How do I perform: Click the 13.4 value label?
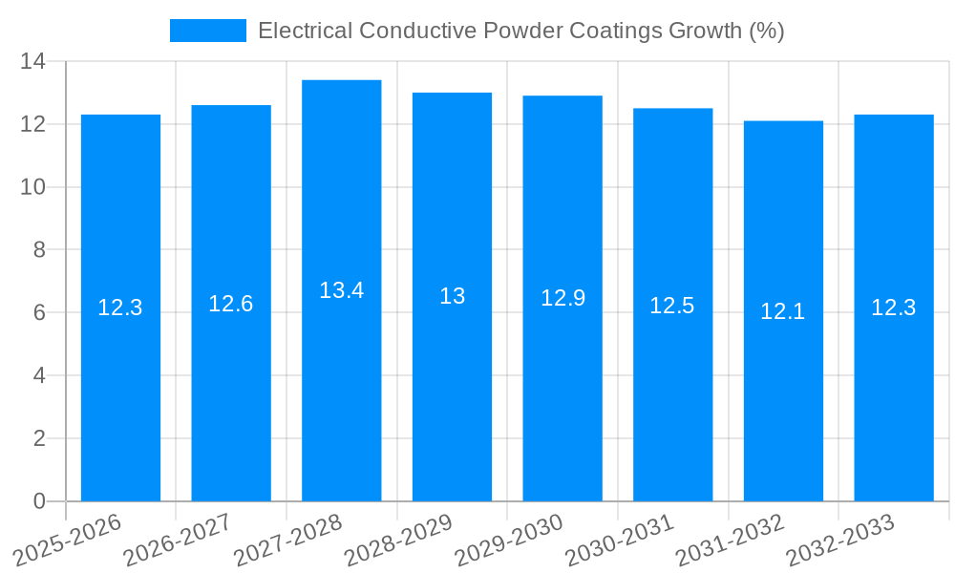click(341, 290)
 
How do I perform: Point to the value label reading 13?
click(452, 296)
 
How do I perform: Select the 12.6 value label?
click(231, 304)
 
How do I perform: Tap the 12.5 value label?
click(672, 306)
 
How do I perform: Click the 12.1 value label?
click(783, 311)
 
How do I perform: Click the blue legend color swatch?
click(207, 31)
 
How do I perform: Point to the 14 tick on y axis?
click(32, 61)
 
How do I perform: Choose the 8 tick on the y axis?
click(38, 250)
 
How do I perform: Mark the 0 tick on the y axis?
click(38, 501)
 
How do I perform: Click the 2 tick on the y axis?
click(38, 438)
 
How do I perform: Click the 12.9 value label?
click(562, 298)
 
